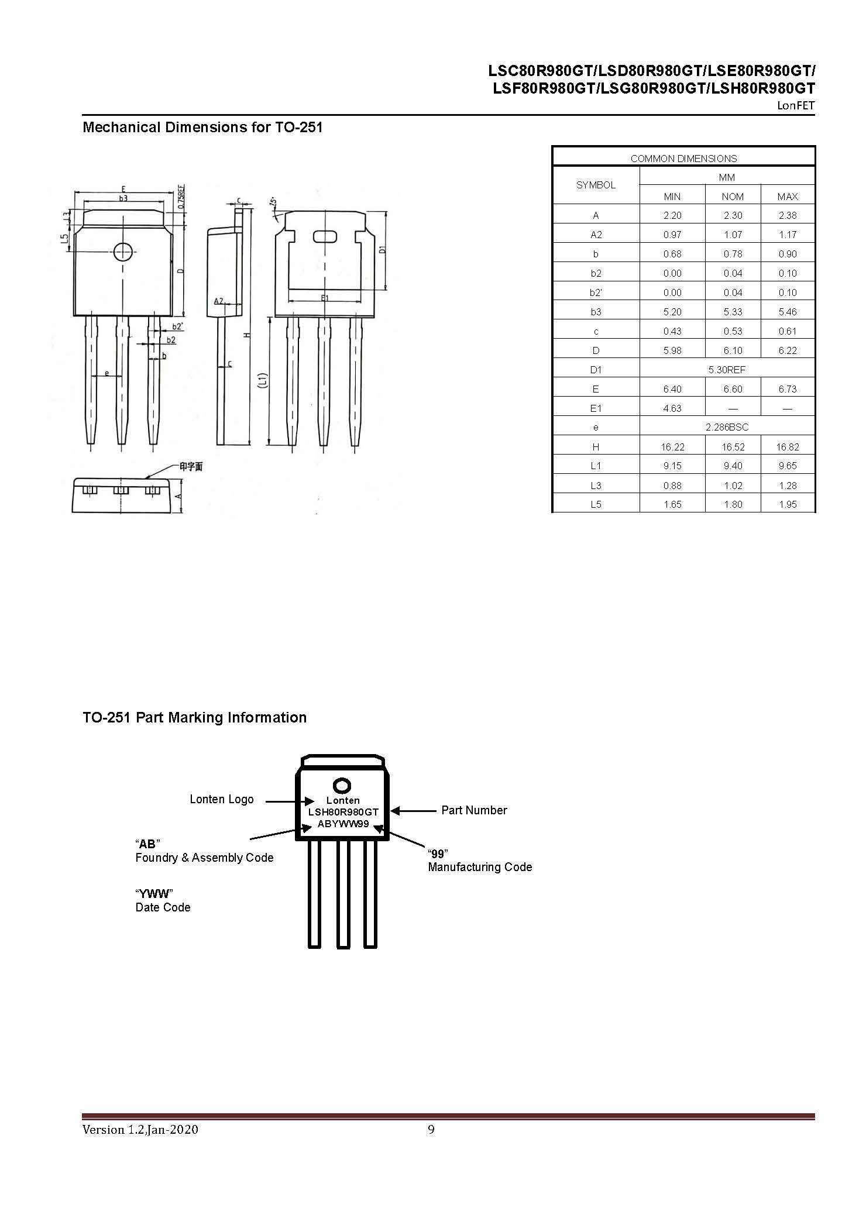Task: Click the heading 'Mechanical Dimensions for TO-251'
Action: tap(202, 128)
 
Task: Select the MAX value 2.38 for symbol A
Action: tap(788, 215)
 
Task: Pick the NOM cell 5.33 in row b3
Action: tap(733, 312)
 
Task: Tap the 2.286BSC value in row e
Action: tap(727, 427)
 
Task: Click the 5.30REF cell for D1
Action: tap(727, 370)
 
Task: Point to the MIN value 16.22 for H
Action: tap(672, 447)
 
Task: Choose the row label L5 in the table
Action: tap(596, 504)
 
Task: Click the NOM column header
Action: tap(733, 197)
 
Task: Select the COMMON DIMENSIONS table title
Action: tap(683, 159)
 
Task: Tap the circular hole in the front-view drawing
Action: tap(123, 252)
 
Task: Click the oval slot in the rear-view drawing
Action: tap(325, 237)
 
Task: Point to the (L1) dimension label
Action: tap(263, 381)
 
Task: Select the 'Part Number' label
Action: tap(474, 810)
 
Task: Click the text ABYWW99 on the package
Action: tap(343, 824)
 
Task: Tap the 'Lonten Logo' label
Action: tap(221, 799)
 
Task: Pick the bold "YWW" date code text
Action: tap(154, 893)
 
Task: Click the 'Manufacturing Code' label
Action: tap(480, 867)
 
